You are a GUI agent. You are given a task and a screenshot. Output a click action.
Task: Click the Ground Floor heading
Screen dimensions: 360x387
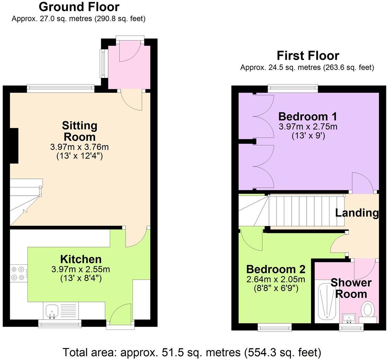[79, 7]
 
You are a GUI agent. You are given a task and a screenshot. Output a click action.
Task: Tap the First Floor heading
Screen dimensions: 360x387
[308, 56]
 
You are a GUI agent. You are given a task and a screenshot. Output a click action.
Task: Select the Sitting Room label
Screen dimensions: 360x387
[79, 131]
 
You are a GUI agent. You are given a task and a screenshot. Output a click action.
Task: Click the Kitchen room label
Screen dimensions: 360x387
[81, 259]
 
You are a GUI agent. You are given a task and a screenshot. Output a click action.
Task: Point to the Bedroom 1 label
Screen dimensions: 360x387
[308, 116]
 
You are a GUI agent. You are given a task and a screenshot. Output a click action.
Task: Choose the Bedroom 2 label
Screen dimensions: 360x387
[275, 269]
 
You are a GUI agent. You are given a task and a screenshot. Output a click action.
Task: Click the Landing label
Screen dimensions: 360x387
[356, 213]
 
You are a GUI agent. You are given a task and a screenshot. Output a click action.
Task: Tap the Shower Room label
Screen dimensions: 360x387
[351, 288]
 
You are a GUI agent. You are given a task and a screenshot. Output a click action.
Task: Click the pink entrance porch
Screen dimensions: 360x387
[129, 67]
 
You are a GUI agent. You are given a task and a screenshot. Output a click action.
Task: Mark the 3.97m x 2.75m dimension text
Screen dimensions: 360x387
[308, 127]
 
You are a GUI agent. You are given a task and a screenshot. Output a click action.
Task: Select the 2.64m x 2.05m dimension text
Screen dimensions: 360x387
[275, 279]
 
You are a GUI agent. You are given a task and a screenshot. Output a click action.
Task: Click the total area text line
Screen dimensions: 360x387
[192, 352]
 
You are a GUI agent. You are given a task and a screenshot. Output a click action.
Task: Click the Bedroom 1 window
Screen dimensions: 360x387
[293, 89]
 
